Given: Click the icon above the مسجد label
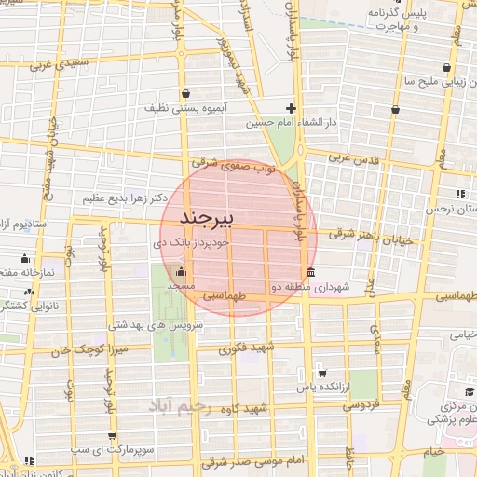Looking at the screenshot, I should pos(182,272).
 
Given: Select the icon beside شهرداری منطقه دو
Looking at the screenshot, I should pos(308,272).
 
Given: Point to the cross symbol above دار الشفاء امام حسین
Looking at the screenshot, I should pos(291,108).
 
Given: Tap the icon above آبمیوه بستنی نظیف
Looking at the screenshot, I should pos(187,94).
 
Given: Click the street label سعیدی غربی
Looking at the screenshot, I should pos(55,65).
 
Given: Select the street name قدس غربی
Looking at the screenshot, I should pos(355,159).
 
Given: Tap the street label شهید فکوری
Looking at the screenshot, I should pos(247,348).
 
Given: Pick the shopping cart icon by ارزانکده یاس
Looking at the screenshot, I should pos(322,373).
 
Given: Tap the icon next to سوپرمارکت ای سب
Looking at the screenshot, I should pos(112,435).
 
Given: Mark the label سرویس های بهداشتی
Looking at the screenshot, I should pos(148,325).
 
